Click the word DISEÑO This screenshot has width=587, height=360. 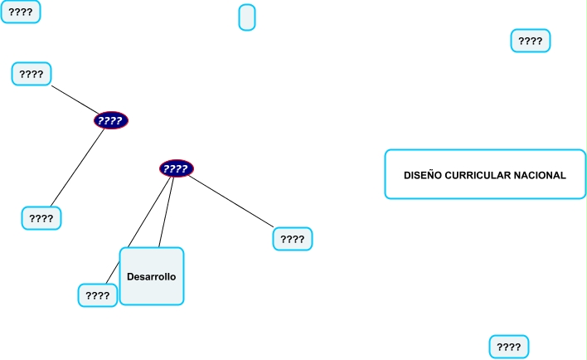point(423,175)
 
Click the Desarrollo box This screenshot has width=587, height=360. point(152,276)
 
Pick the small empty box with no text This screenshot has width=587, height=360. point(247,17)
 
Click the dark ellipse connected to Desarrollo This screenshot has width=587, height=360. point(176,168)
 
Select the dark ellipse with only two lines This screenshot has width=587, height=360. point(111,120)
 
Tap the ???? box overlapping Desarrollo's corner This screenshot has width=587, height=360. point(97,295)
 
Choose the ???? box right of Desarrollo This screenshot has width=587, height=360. point(293,239)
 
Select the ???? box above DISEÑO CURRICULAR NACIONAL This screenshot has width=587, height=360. point(531,40)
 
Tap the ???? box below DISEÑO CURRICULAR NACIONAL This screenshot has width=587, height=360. point(508,347)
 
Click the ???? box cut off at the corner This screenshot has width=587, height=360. point(20,12)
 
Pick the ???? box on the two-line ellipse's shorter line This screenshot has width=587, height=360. point(32,74)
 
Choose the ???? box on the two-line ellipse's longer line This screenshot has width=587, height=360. point(41,218)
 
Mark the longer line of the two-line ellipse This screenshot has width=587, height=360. point(78,168)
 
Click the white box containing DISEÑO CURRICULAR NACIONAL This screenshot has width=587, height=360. point(485,189)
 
